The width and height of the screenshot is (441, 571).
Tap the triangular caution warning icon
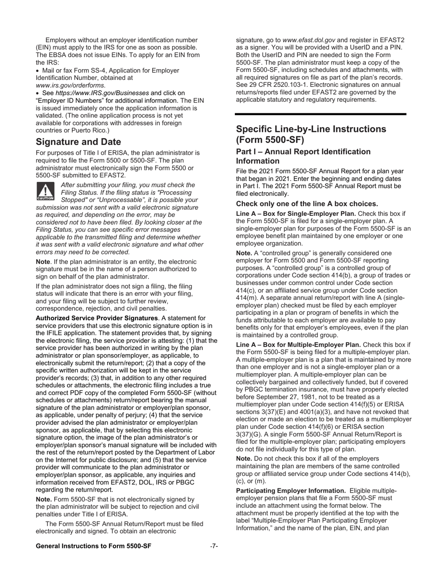tap(45, 191)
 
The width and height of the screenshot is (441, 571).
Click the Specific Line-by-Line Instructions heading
tap(311, 134)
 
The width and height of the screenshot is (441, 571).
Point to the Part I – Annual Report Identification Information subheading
tap(303, 156)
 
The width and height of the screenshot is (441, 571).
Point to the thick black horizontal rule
tap(320, 114)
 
